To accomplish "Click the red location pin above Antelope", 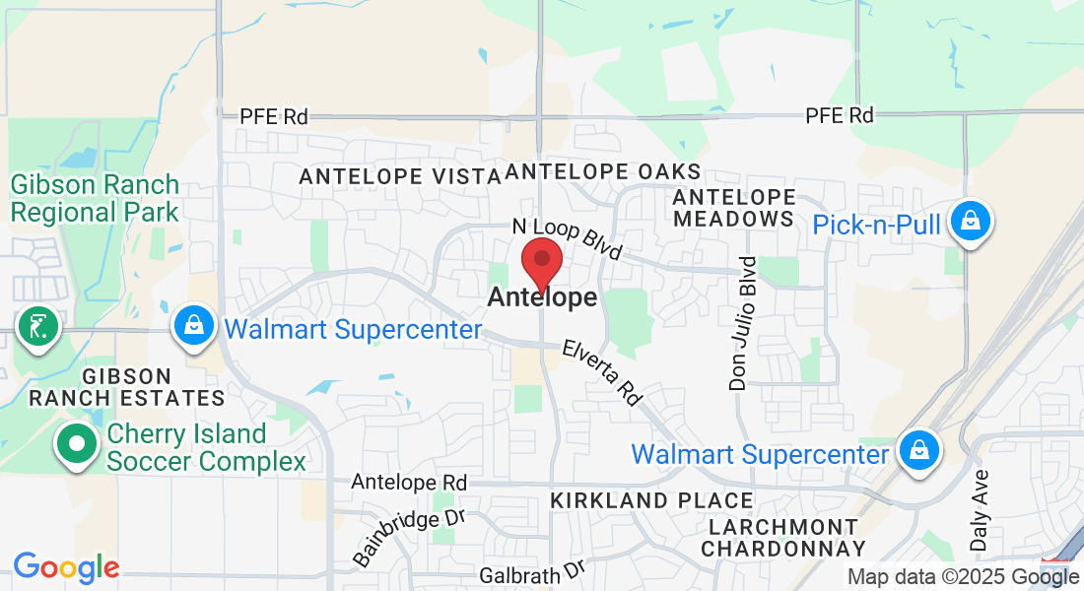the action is pyautogui.click(x=541, y=261).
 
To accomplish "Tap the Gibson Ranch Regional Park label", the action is pyautogui.click(x=95, y=198).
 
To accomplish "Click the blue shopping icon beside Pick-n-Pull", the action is pyautogui.click(x=970, y=223).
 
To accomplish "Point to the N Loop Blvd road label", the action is pyautogui.click(x=567, y=239).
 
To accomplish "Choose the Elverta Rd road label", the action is pyautogui.click(x=602, y=373).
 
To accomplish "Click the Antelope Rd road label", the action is pyautogui.click(x=409, y=483).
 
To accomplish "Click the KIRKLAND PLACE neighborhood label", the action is pyautogui.click(x=651, y=500).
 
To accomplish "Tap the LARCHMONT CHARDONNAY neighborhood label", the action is pyautogui.click(x=783, y=538).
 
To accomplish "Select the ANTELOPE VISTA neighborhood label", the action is pyautogui.click(x=400, y=176).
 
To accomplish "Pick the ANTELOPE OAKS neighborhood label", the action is pyautogui.click(x=603, y=171).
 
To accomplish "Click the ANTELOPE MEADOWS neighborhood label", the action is pyautogui.click(x=734, y=207).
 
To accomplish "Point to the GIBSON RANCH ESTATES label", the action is pyautogui.click(x=127, y=387).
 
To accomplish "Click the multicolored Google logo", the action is pyautogui.click(x=66, y=567).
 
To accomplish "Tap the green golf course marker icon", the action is pyautogui.click(x=38, y=326).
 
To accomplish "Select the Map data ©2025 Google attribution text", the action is pyautogui.click(x=963, y=577).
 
